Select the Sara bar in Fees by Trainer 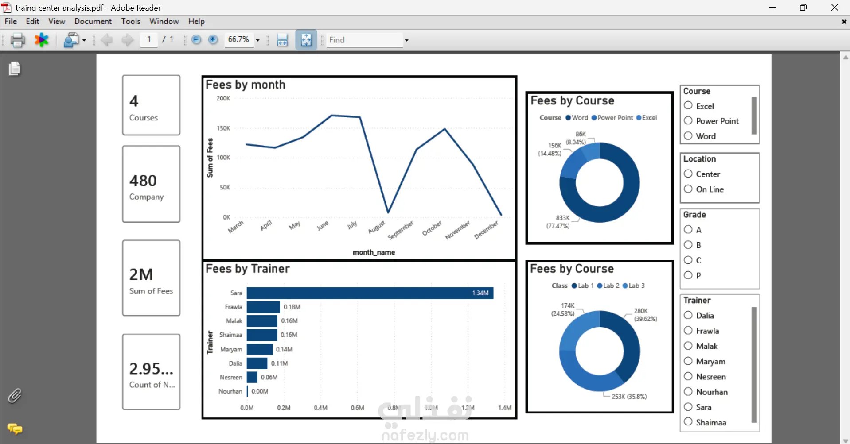pos(370,293)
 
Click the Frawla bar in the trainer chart pos(263,307)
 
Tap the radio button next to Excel pos(688,106)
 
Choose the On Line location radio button pos(688,189)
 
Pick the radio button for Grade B pos(688,245)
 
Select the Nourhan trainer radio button pos(688,392)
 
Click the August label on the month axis pos(377,227)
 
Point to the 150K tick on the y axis pos(223,128)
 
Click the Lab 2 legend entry pos(608,286)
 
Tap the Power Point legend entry pos(612,118)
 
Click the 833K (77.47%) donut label pos(558,222)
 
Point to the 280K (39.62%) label pos(645,315)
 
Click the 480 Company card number pos(143,181)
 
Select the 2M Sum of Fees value pos(141,274)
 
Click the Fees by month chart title pos(246,85)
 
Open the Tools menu pos(131,21)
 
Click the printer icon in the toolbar pos(18,40)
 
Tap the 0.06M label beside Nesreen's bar pos(269,378)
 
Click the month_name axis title pos(374,252)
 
